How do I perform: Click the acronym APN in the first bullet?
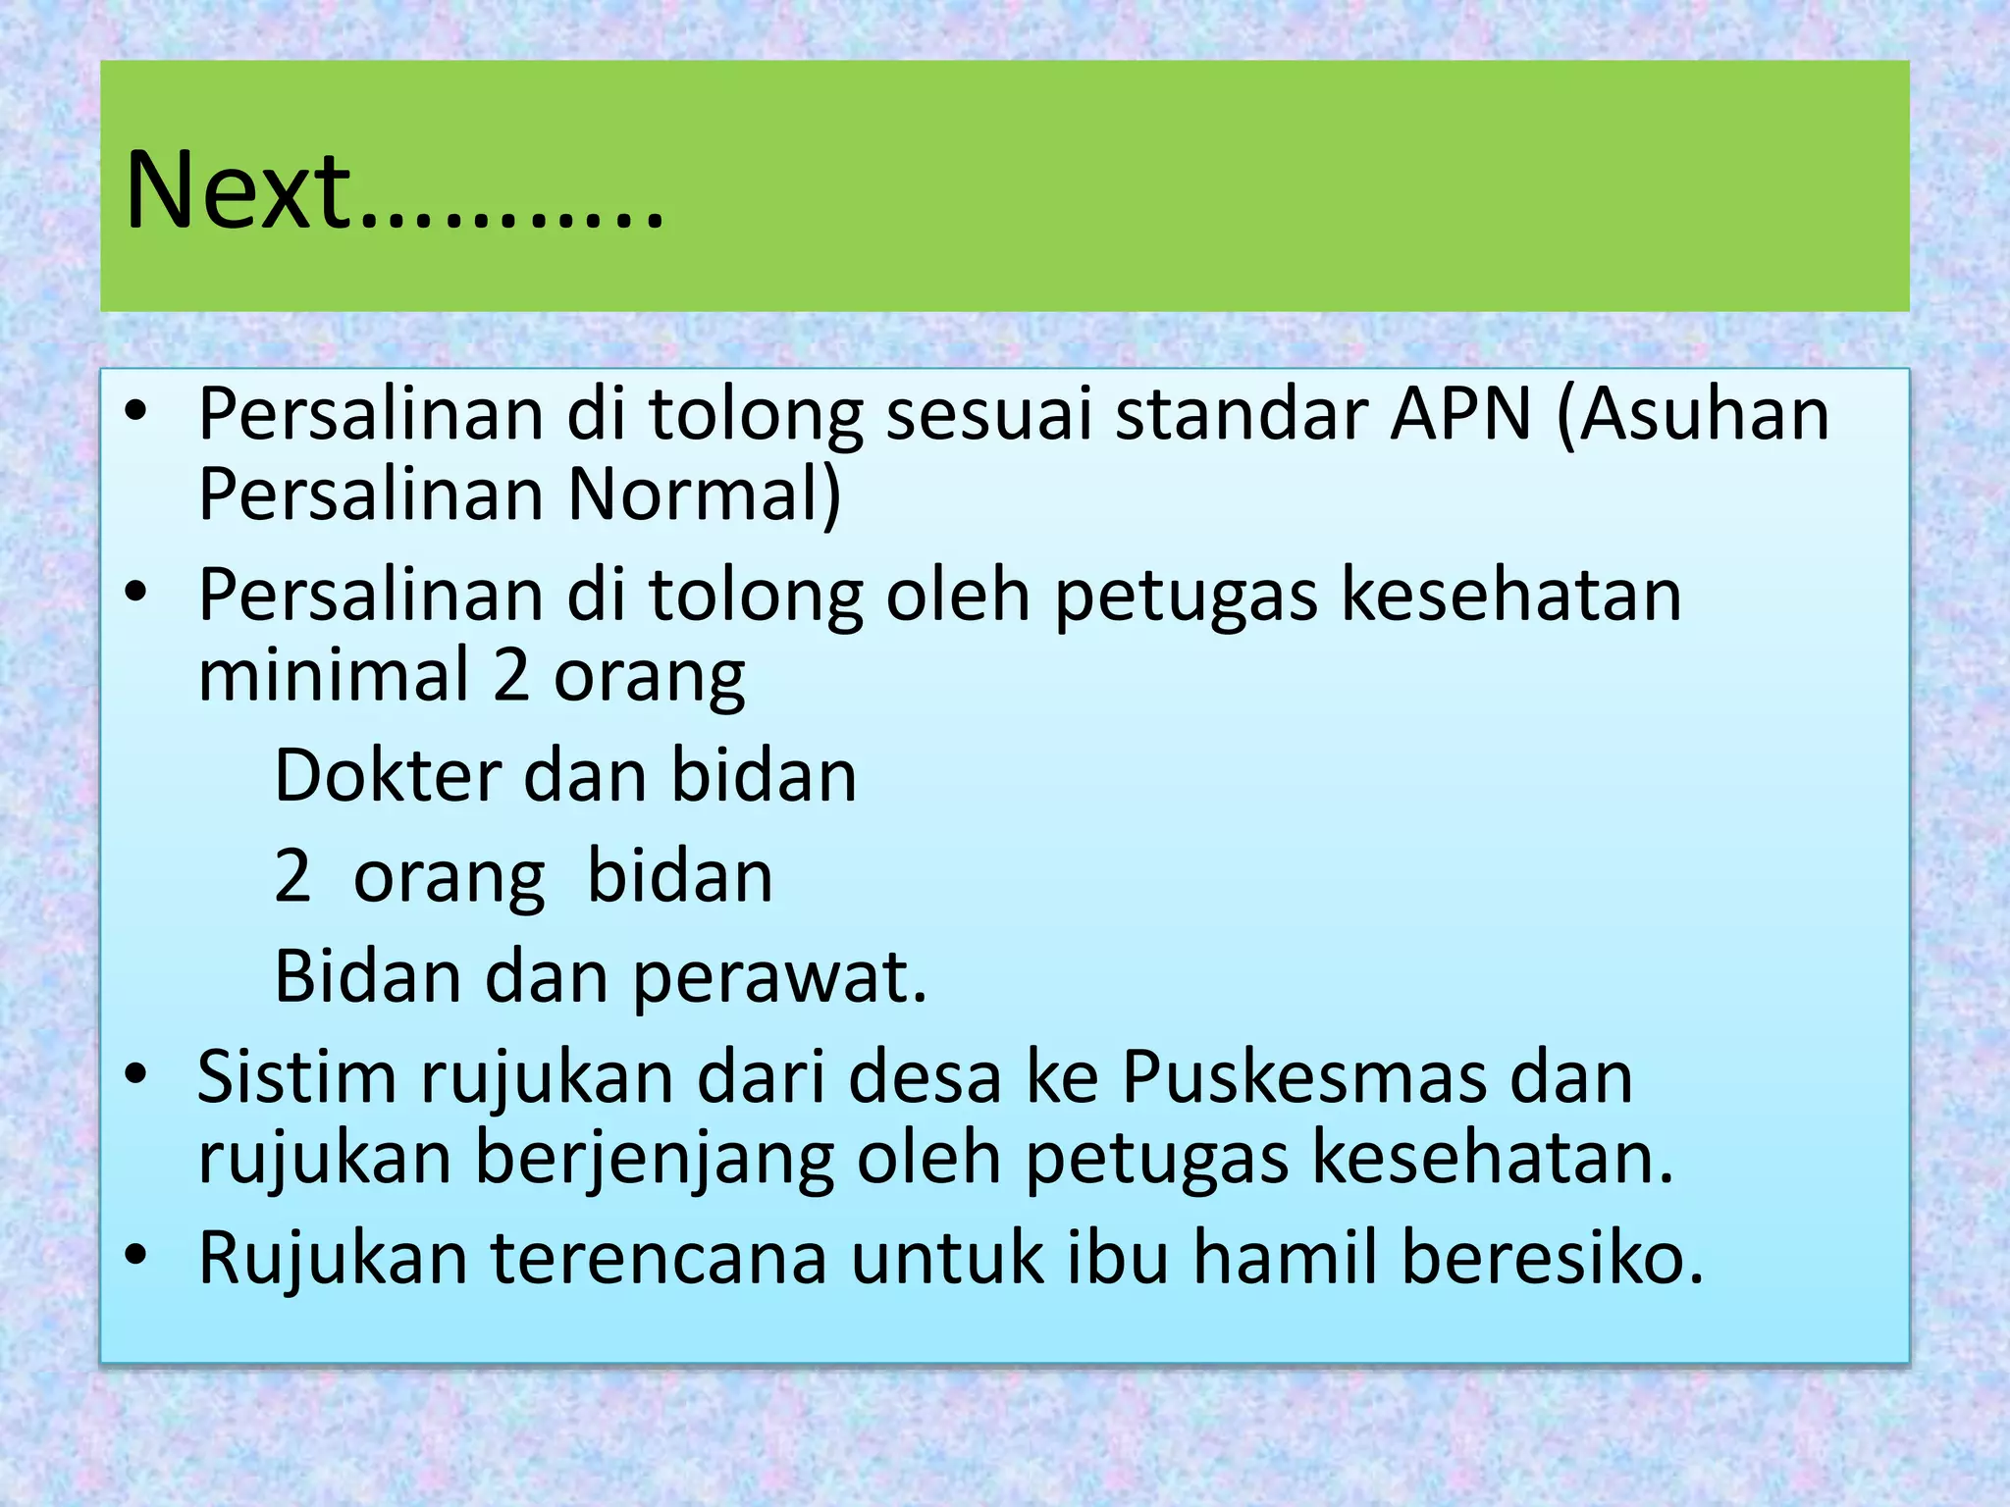click(x=1460, y=413)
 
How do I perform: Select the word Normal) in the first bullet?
click(x=704, y=494)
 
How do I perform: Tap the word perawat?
click(x=779, y=977)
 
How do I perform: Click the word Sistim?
click(x=297, y=1077)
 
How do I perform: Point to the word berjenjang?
click(x=655, y=1159)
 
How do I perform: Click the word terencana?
click(x=659, y=1258)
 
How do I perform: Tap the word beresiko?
click(x=1552, y=1258)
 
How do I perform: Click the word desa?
click(x=925, y=1077)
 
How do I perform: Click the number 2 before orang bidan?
click(x=292, y=876)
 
